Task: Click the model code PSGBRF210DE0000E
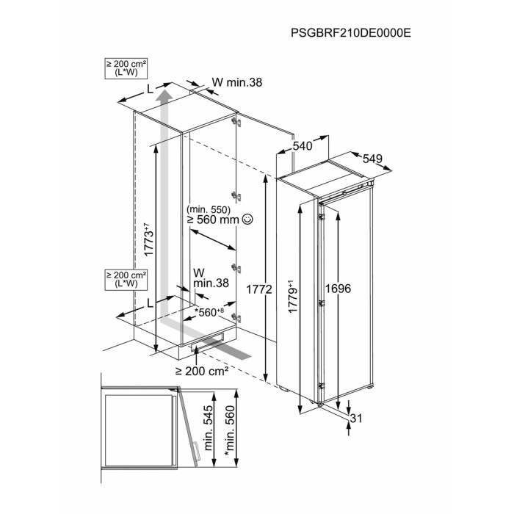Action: tap(351, 33)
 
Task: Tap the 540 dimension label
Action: tap(303, 146)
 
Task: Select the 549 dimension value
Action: tap(372, 159)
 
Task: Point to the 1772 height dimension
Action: tap(259, 289)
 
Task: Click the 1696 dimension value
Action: tap(338, 289)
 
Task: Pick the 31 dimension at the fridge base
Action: tap(356, 419)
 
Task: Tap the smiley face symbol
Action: tap(247, 219)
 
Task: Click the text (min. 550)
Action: tap(209, 209)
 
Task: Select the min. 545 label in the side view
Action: tap(209, 428)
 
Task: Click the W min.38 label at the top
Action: tap(237, 82)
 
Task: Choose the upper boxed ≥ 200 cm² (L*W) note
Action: tap(126, 68)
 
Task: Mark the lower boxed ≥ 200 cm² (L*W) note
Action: tap(126, 280)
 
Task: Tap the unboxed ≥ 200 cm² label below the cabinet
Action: tap(202, 372)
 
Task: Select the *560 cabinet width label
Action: tap(209, 312)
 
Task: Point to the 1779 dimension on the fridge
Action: tap(292, 297)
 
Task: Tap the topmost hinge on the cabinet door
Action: tap(236, 122)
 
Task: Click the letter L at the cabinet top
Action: tap(150, 89)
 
